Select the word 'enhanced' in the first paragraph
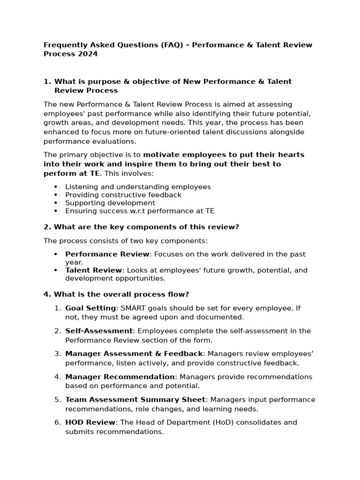60,132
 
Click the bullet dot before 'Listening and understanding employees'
56,187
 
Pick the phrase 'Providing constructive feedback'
123,195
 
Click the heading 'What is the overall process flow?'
121,294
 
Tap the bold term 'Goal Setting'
90,308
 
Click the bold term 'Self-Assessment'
99,331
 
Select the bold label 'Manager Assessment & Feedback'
134,354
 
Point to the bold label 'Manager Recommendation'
120,377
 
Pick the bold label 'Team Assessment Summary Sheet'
135,400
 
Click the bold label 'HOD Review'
90,422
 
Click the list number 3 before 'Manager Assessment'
57,354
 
